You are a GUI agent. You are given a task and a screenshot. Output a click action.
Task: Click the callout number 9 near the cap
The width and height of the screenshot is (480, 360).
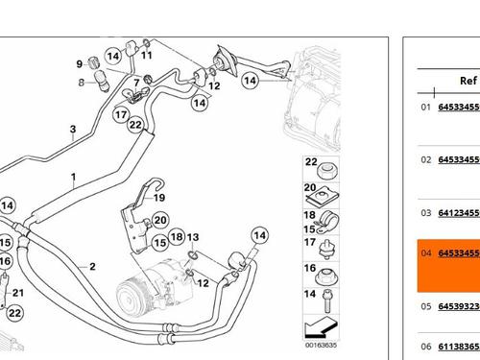pos(80,64)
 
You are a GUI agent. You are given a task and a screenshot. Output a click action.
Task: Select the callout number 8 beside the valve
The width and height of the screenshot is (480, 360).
pos(82,83)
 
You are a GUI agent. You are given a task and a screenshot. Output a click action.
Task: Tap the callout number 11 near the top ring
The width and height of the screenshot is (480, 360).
pos(147,55)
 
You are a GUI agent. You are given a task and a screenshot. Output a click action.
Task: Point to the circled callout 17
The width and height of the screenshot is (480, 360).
pos(121,114)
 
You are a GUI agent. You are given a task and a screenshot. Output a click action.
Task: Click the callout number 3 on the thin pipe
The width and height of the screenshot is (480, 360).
pos(73,129)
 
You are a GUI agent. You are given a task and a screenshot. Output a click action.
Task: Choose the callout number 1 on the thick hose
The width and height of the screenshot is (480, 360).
pos(74,177)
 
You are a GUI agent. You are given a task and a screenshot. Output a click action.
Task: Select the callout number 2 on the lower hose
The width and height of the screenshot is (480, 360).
pos(92,266)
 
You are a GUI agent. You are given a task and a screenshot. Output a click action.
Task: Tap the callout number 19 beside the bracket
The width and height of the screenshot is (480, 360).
pos(159,198)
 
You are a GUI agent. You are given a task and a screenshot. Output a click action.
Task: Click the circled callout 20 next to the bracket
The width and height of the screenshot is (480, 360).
pos(160,220)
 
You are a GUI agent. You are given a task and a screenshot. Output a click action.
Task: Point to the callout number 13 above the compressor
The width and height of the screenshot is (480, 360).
pos(193,237)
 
